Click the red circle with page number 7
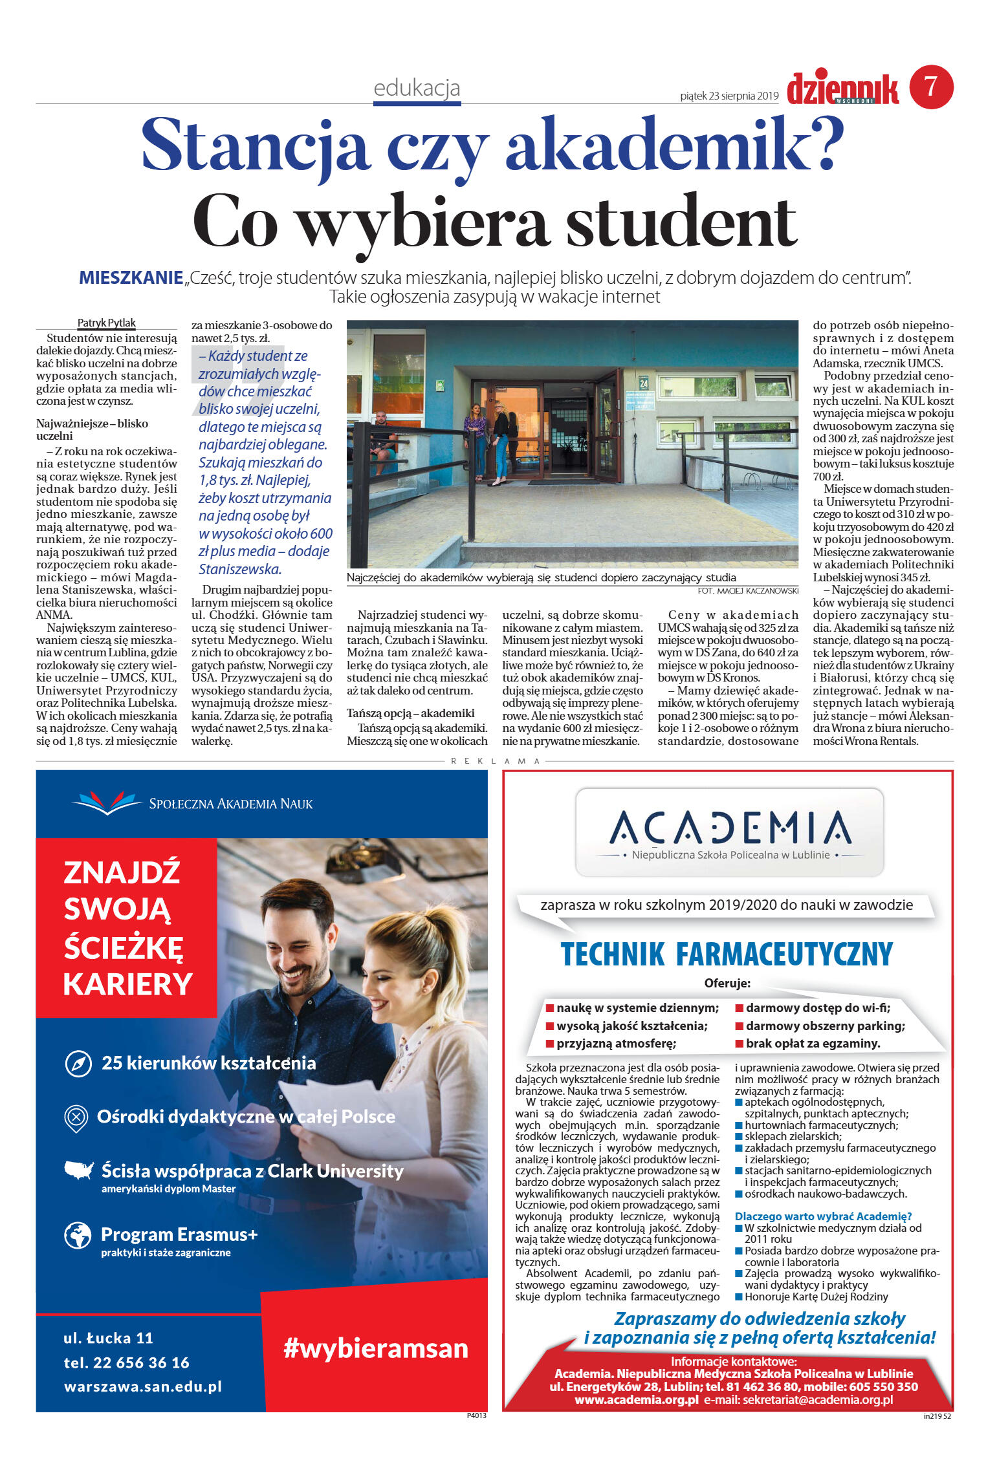tap(931, 87)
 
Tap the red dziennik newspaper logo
tap(842, 89)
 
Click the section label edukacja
tap(417, 88)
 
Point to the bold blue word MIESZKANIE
tap(131, 278)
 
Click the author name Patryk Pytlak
tap(107, 323)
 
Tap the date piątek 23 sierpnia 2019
tap(729, 96)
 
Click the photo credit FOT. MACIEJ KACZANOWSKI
tap(748, 591)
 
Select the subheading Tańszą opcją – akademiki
tap(411, 713)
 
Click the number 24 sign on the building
tap(643, 383)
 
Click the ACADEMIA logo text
tap(730, 828)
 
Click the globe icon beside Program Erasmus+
tap(78, 1236)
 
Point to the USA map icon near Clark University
tap(79, 1170)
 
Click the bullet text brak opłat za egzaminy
tap(813, 1043)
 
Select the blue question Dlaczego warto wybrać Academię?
tap(823, 1216)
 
